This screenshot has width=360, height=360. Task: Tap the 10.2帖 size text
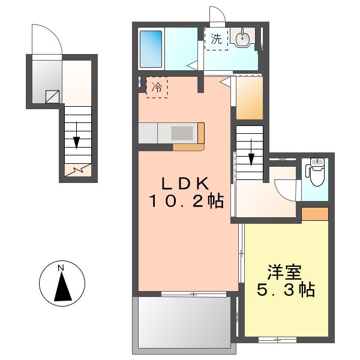coord(186,202)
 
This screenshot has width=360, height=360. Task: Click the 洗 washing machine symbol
coord(216,40)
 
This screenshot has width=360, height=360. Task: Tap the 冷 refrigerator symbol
coord(157,87)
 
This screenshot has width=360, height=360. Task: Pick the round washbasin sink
coord(242,39)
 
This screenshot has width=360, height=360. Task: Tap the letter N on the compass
coord(62,268)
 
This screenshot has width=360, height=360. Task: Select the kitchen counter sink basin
coord(181,133)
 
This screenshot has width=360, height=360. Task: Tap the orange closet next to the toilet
coord(315,213)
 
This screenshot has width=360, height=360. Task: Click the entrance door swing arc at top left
coord(47,38)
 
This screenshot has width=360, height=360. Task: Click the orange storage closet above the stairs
coord(249,97)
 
